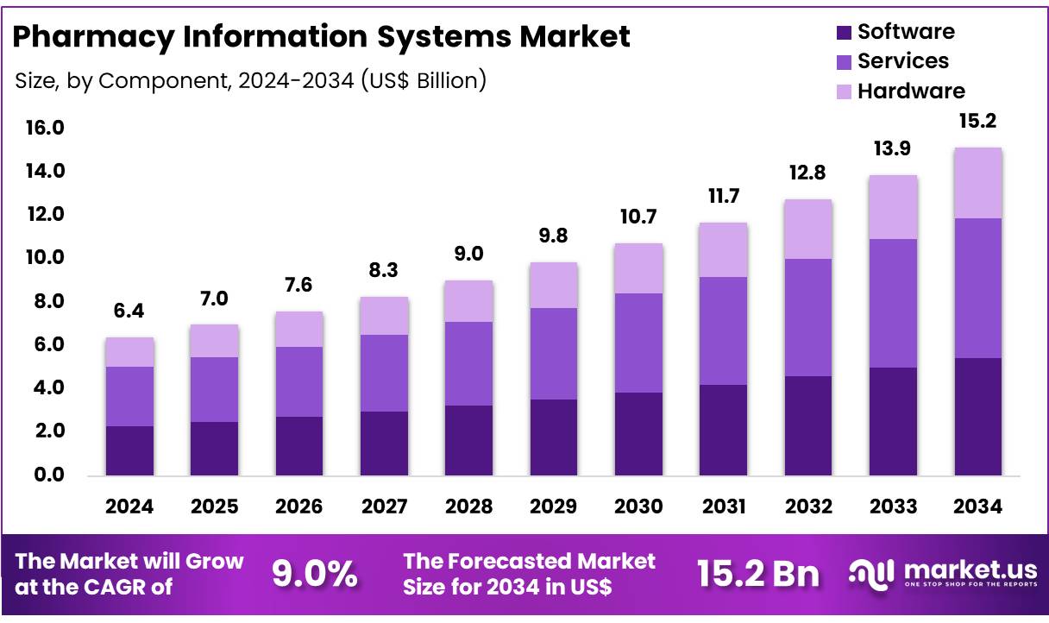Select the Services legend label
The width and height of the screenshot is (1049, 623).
[902, 61]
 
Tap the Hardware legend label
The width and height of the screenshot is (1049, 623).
[911, 91]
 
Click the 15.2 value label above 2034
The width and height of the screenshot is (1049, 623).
[978, 121]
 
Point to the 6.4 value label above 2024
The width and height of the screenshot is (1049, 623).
[129, 311]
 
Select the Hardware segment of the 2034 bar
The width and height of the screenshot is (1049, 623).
[978, 183]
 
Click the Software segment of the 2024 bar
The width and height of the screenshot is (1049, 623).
[129, 450]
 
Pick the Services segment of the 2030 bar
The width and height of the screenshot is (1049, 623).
[638, 343]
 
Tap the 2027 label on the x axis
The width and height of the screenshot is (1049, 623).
[384, 507]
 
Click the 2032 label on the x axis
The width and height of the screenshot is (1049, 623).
[808, 507]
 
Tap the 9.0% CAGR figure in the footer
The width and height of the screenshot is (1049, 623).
[316, 573]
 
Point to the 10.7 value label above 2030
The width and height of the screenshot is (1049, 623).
[638, 217]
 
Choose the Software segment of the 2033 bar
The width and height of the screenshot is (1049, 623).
[893, 421]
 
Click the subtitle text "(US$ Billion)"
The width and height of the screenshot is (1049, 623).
[423, 81]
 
